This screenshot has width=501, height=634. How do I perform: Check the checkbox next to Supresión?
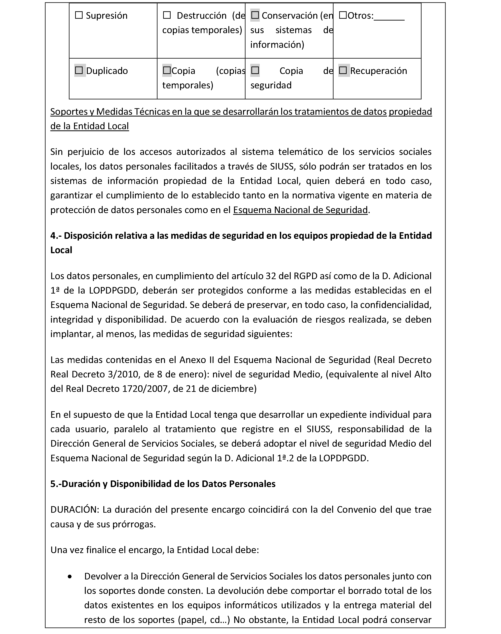pos(79,15)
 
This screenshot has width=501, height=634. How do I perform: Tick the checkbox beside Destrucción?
pos(167,15)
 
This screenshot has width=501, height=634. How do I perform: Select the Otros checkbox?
pos(343,15)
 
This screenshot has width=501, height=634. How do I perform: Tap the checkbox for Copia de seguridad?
pos(255,70)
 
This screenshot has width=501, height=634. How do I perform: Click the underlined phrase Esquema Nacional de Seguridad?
pos(300,210)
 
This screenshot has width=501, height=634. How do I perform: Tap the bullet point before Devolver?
pos(70,577)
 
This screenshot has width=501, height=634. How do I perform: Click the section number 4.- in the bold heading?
pos(56,236)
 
